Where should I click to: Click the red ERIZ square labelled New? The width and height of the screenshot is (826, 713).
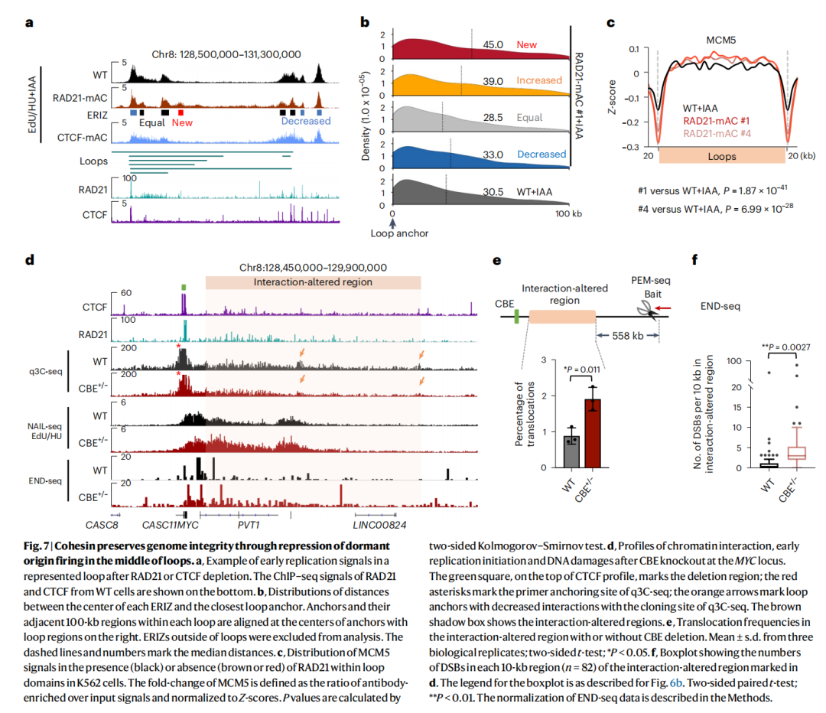(180, 112)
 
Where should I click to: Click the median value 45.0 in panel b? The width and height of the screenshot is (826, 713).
(493, 45)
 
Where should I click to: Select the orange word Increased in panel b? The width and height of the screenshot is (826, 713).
(539, 80)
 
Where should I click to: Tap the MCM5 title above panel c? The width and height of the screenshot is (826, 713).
(720, 40)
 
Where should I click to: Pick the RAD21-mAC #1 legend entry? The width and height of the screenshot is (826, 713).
(716, 121)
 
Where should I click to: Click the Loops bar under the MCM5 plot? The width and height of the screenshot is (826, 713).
(722, 155)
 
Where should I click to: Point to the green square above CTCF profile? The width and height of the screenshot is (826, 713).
(184, 287)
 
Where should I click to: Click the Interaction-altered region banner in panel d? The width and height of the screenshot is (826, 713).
(313, 282)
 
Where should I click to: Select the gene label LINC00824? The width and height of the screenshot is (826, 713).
(379, 525)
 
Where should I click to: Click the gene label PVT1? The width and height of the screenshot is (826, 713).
(249, 525)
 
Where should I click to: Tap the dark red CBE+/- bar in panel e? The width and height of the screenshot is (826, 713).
(593, 433)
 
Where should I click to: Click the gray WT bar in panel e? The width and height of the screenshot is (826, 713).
(571, 452)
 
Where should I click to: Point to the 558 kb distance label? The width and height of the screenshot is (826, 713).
(627, 336)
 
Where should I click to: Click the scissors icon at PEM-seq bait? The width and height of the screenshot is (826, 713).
(648, 310)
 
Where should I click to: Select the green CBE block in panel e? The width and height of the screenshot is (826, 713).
(517, 316)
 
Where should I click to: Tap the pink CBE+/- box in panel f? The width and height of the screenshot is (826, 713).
(796, 453)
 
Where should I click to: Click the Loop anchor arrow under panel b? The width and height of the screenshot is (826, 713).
(392, 223)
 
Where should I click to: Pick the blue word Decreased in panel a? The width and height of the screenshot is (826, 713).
(305, 121)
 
